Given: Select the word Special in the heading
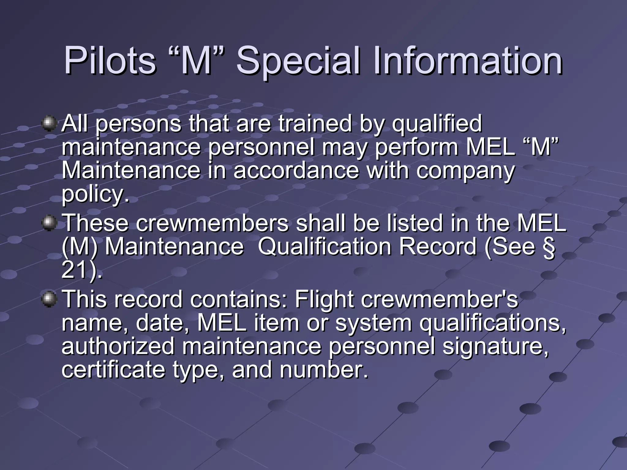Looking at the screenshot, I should point(298,61).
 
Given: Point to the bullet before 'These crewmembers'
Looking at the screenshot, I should point(49,223).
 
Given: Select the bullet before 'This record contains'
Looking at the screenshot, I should point(49,299).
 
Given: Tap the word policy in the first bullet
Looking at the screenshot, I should point(95,195).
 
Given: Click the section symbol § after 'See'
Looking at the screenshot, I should point(548,247).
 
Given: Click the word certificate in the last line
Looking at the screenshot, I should point(113,370).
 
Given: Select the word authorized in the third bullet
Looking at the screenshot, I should point(118,347).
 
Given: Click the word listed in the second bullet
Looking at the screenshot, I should point(415,223).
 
